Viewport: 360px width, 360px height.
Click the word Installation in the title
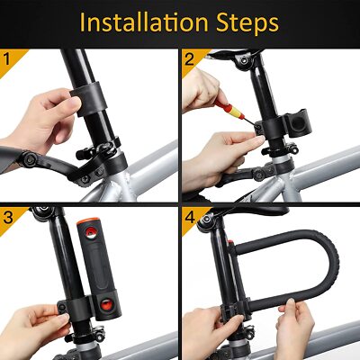pyautogui.click(x=144, y=22)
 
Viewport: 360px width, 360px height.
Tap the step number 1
pyautogui.click(x=8, y=61)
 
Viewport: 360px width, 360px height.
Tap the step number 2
pyautogui.click(x=189, y=61)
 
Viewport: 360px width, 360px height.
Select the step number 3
pyautogui.click(x=8, y=218)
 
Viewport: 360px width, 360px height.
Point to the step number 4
pyautogui.click(x=189, y=218)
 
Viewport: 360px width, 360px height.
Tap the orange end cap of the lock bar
pyautogui.click(x=93, y=221)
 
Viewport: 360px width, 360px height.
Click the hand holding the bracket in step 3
pyautogui.click(x=36, y=322)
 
